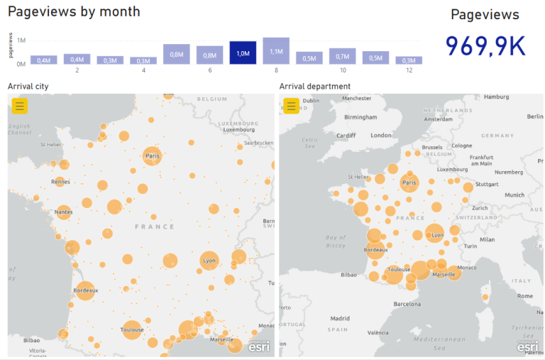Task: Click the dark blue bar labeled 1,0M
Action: click(x=243, y=53)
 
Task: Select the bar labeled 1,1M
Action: click(x=276, y=51)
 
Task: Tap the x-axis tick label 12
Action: click(x=409, y=70)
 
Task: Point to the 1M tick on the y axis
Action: click(x=22, y=40)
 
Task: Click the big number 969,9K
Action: click(x=485, y=46)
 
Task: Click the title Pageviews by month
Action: click(x=74, y=12)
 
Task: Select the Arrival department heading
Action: click(x=314, y=87)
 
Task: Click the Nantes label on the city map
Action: click(x=63, y=212)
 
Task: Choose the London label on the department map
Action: click(x=381, y=135)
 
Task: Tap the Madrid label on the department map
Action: click(x=340, y=318)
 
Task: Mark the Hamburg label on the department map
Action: click(x=497, y=97)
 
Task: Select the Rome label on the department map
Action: click(x=524, y=295)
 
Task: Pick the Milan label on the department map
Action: click(x=487, y=239)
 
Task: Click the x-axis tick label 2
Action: click(x=77, y=70)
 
